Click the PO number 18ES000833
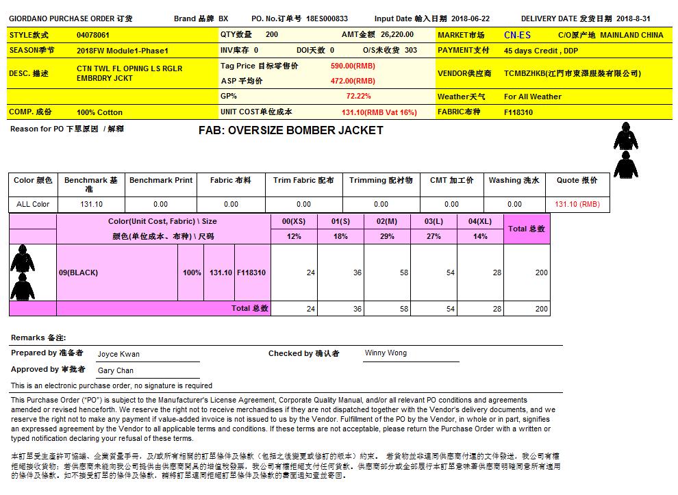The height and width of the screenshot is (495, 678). [327, 19]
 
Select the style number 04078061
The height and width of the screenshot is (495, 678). [93, 35]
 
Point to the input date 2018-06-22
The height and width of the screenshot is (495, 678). [470, 19]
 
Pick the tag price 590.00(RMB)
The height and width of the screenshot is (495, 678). [353, 66]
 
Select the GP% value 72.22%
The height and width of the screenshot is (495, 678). [358, 97]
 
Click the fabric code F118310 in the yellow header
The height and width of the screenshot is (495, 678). [518, 112]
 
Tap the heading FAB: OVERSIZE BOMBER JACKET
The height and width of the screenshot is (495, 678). [290, 131]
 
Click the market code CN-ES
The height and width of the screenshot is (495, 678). [517, 35]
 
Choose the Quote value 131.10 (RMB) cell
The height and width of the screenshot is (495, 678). [577, 204]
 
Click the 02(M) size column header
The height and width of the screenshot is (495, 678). [387, 222]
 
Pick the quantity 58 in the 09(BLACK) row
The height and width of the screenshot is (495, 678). [403, 272]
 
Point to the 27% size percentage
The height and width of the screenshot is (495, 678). [434, 236]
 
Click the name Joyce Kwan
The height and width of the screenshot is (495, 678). [118, 354]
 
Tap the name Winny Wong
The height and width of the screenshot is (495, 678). [386, 353]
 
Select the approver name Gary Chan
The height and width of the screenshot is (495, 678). [116, 370]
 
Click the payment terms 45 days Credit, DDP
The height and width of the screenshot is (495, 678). [541, 51]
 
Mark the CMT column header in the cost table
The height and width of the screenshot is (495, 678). [451, 181]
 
